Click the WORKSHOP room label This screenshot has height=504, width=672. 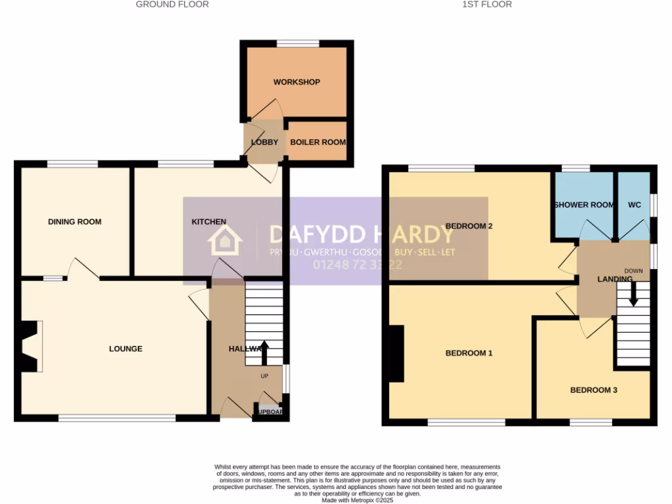pos(297,82)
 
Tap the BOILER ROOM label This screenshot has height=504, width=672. pos(318,142)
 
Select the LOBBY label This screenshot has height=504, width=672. pos(265,142)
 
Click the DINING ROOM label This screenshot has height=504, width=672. pos(75,222)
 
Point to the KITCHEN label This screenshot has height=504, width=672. pos(209,222)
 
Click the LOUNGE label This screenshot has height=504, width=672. pos(125,348)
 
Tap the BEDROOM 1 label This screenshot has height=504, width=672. pos(469,353)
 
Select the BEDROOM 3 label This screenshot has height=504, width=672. pos(593,390)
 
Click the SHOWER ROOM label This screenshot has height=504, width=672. pos(584,205)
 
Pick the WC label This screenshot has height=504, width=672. pos(634,205)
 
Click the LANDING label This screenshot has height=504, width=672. pos(614,279)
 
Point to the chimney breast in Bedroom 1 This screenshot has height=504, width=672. pos(396,353)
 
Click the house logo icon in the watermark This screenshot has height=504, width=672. pos(225,241)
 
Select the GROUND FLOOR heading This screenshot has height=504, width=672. pos(173,5)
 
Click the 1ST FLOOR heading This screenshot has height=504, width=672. pos(487,5)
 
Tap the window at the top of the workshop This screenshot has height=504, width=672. pos(297,44)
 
